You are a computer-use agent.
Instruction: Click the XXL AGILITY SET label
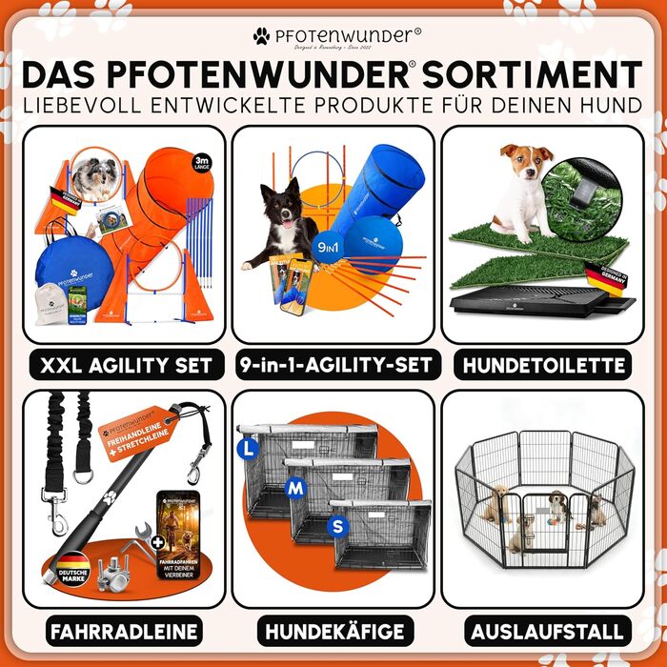pos(123,364)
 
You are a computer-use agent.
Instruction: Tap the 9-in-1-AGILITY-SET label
pos(333,364)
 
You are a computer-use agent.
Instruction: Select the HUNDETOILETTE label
pos(542,364)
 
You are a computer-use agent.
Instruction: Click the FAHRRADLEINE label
pos(123,630)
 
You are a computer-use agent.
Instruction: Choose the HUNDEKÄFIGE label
pos(333,630)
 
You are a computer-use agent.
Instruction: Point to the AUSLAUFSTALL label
pos(542,630)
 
